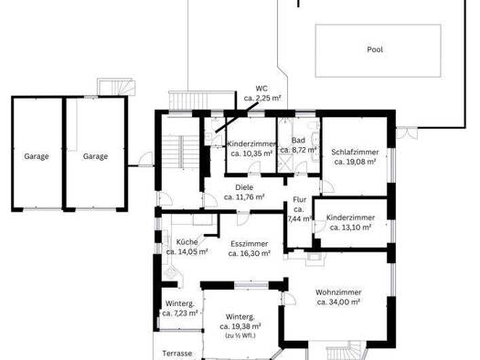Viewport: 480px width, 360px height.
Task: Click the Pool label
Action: pos(375,49)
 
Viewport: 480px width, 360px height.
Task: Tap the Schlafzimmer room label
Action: pos(355,152)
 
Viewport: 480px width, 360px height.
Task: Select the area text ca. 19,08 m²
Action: pos(355,162)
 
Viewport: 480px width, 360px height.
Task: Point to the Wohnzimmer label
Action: pos(338,292)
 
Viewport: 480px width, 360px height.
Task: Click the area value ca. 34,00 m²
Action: pos(338,302)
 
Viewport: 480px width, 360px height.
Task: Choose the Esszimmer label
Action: pos(250,244)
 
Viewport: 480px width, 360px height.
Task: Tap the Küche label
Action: pos(187,242)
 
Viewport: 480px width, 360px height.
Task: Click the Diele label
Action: pos(244,187)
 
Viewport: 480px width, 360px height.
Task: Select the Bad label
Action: pos(298,141)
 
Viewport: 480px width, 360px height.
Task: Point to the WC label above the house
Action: pos(261,89)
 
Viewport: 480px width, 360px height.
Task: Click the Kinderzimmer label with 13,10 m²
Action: pos(350,217)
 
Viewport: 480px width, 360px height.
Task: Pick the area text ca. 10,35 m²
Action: pos(252,154)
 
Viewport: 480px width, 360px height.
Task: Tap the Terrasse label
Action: pos(177,354)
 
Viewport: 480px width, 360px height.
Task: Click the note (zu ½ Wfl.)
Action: pos(240,335)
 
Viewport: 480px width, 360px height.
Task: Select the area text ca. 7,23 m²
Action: pos(180,313)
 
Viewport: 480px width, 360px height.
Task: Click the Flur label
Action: pos(299,200)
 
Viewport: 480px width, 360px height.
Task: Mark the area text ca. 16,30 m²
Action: pos(250,254)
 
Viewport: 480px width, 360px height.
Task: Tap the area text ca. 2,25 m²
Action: pos(262,99)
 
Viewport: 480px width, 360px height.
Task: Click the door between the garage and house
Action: pos(145,159)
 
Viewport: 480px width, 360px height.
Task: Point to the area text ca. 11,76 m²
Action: pos(244,197)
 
